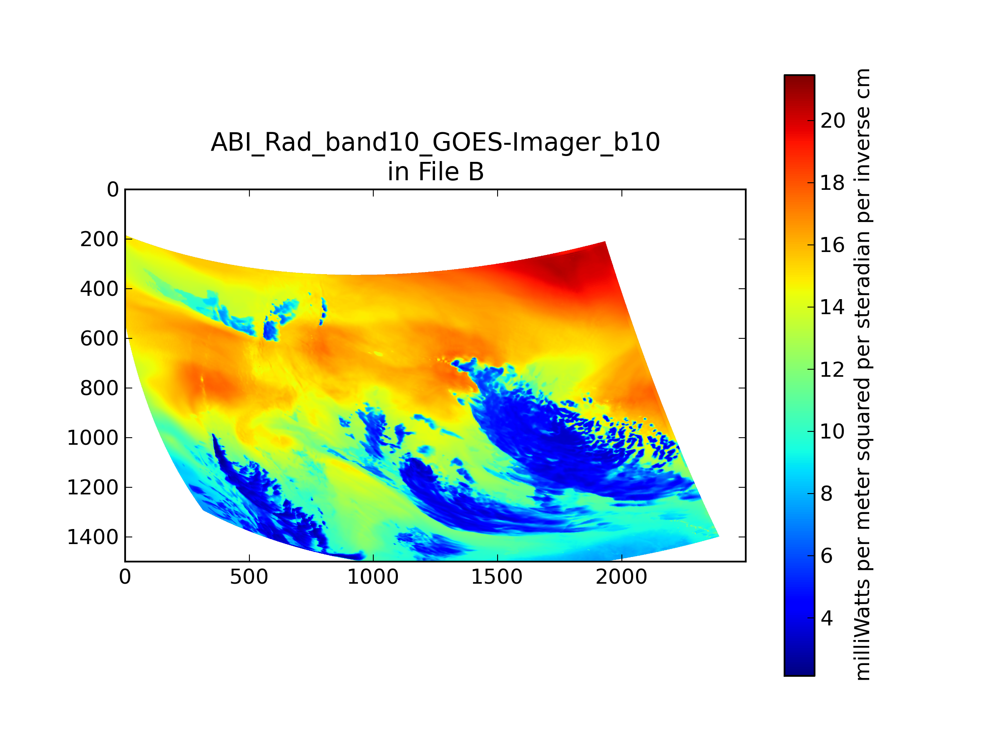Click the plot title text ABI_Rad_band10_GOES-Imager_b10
435,142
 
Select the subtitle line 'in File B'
435,171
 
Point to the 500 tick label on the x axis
249,577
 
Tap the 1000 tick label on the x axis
373,577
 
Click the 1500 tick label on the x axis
497,577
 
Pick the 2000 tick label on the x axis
621,577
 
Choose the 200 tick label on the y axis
99,239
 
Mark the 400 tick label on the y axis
99,289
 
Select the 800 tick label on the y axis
99,388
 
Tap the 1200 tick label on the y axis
93,488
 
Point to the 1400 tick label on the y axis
93,537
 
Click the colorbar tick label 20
832,121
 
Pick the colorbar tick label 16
832,245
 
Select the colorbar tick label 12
832,369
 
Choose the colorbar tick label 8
827,494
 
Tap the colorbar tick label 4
827,618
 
